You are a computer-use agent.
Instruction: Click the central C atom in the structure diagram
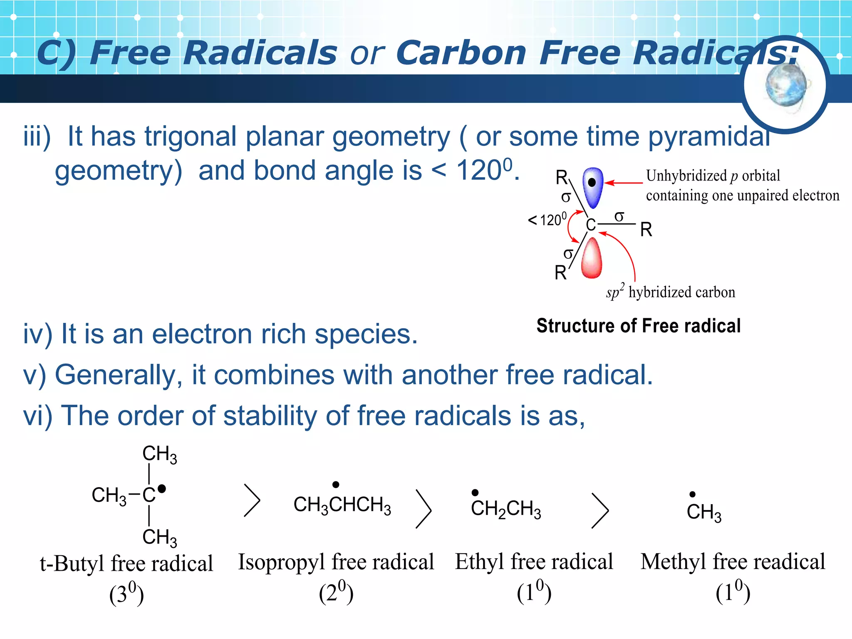tap(591, 225)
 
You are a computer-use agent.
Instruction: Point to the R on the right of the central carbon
tap(646, 230)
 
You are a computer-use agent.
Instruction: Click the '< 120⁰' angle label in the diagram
tap(547, 220)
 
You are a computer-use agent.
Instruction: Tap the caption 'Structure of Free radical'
tap(638, 326)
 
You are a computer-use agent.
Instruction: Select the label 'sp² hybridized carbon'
tap(671, 292)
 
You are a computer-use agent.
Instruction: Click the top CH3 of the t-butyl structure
tap(159, 454)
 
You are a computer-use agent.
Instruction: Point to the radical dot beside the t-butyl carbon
tap(162, 489)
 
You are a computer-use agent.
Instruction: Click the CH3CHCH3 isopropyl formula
tap(342, 505)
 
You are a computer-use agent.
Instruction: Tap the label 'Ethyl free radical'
tap(534, 562)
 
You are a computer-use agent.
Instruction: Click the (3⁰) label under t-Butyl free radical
tap(126, 594)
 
